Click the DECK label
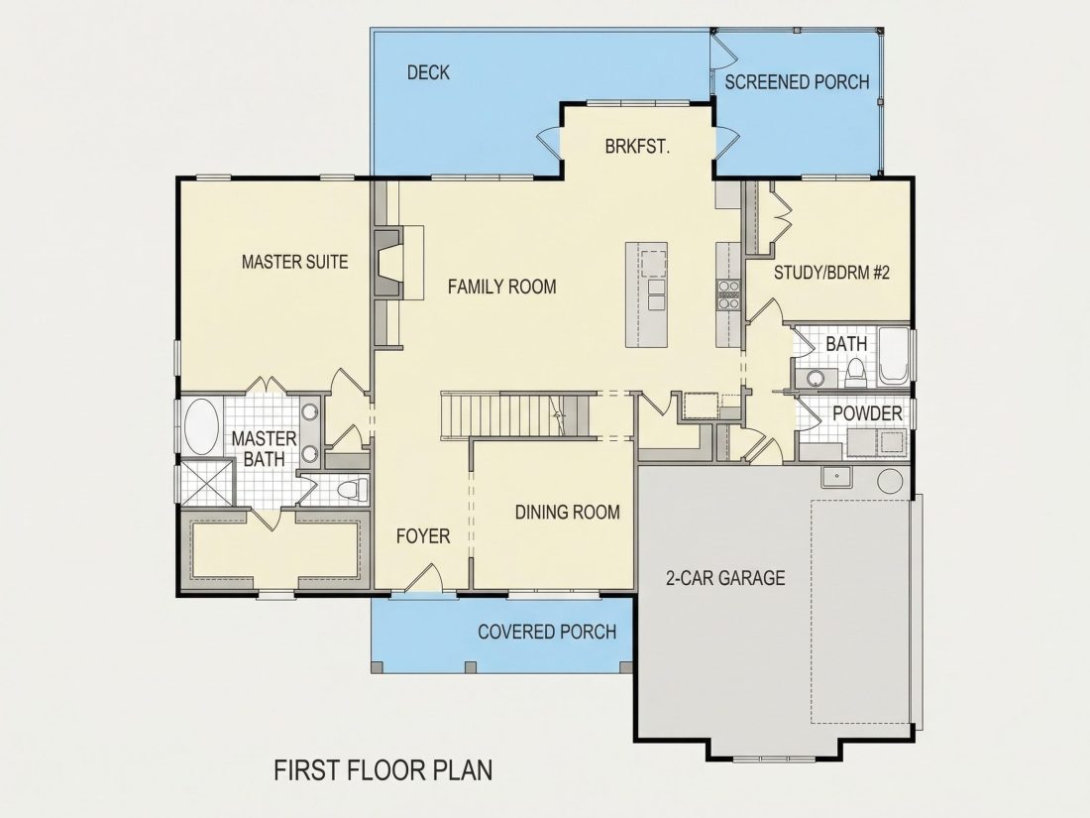[428, 72]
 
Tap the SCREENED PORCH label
[797, 82]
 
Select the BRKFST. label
[637, 148]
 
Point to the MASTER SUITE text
[294, 262]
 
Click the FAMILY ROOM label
[502, 287]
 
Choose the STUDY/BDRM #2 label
[832, 272]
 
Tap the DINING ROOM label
[567, 513]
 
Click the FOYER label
[423, 536]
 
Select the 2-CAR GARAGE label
[725, 578]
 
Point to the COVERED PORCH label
[547, 633]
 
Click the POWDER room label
[868, 413]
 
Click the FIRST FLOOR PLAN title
[383, 770]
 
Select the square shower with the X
[206, 482]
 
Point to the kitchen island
[646, 294]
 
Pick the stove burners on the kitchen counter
[728, 293]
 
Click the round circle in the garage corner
[890, 481]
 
